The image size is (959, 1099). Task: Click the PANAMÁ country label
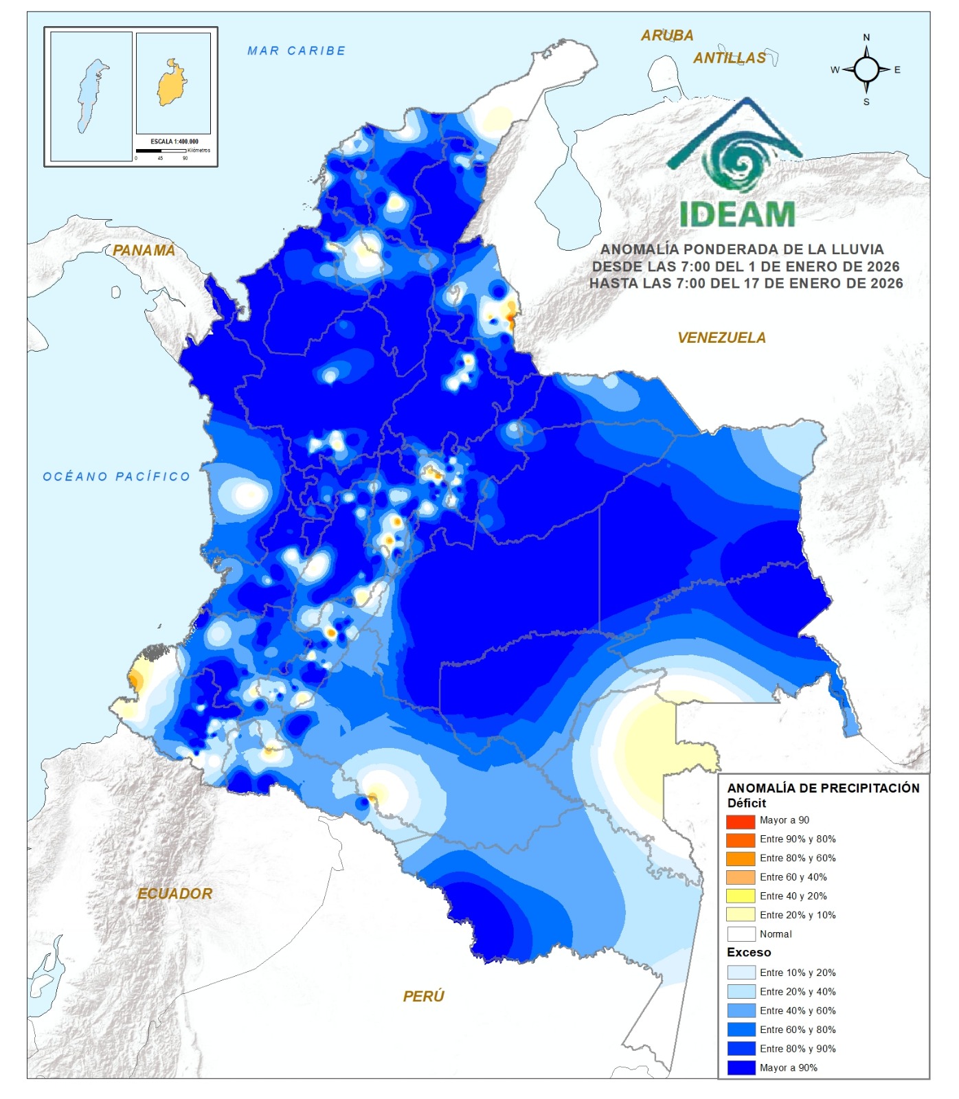(144, 251)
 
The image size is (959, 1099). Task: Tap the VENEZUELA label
(721, 338)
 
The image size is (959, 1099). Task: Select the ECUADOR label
(174, 894)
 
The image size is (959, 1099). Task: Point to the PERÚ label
(423, 996)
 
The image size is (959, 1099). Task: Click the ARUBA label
(667, 36)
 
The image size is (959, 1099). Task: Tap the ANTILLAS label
(729, 58)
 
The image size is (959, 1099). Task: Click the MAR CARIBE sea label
(296, 51)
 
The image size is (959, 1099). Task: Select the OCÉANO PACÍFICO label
(116, 477)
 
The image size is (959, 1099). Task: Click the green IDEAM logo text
(737, 215)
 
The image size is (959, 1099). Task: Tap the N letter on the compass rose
(866, 38)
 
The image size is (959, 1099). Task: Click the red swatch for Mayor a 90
(741, 821)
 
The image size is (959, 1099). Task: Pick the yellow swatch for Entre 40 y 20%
(741, 896)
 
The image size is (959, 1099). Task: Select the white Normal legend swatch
(741, 934)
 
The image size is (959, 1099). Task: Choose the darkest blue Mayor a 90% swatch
(741, 1068)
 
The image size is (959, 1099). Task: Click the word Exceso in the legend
(749, 953)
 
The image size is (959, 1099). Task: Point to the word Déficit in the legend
(746, 804)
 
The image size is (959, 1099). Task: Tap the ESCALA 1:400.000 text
(174, 141)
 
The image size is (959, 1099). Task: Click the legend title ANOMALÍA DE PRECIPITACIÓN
(823, 789)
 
